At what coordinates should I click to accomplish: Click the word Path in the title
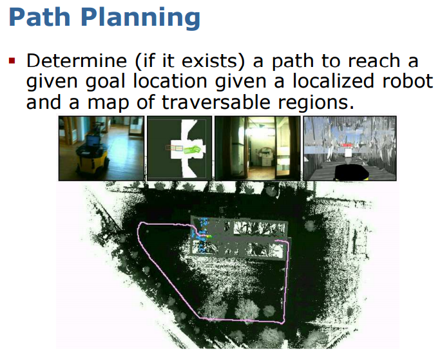click(x=40, y=17)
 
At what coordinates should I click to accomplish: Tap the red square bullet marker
click(x=12, y=61)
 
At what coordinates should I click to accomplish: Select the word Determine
click(x=77, y=61)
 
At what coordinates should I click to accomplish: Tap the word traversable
click(x=216, y=102)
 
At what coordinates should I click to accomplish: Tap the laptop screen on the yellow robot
click(x=92, y=140)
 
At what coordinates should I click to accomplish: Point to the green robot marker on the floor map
click(x=193, y=149)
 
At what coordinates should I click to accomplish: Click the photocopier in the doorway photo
click(x=265, y=156)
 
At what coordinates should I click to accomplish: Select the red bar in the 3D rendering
click(x=347, y=145)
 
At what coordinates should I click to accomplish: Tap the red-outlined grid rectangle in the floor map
click(x=174, y=148)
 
